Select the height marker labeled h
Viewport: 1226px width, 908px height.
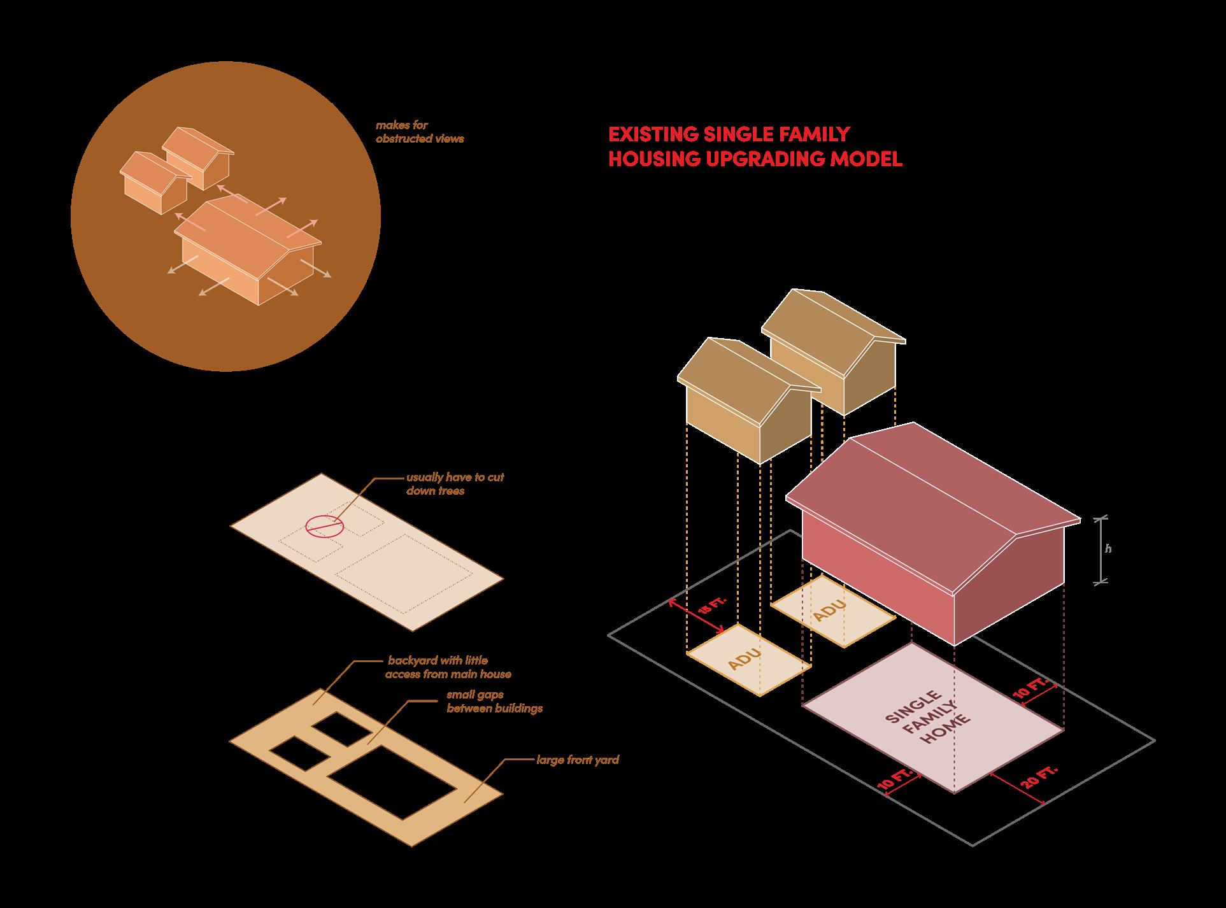coord(1108,549)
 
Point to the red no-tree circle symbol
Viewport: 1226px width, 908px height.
coord(324,525)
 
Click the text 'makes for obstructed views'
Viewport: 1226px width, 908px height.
coord(419,132)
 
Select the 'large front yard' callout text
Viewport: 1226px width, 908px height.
coord(577,760)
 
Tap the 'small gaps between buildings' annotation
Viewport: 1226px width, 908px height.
coord(494,701)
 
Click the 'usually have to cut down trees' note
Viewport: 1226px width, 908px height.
coord(455,484)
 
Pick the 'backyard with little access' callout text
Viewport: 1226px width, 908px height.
coord(448,667)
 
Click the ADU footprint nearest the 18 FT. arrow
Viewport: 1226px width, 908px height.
coord(748,659)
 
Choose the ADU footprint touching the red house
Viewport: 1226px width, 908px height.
coord(832,611)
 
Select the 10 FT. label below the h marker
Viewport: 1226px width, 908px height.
coord(1031,690)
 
